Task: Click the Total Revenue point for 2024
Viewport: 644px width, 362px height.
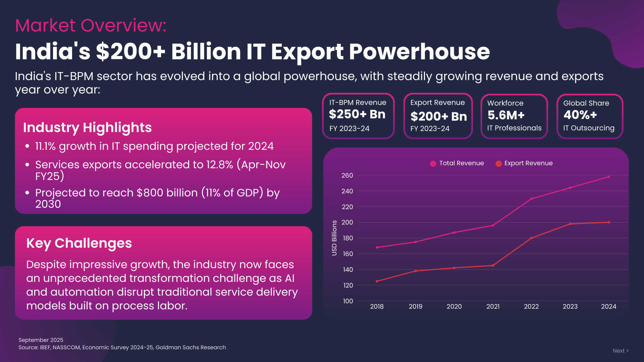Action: tap(609, 177)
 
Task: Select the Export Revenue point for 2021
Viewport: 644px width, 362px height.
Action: tap(493, 265)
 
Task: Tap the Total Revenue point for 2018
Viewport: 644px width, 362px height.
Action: tap(377, 247)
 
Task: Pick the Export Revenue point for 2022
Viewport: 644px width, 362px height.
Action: tap(532, 238)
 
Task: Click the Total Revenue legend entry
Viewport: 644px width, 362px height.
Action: tap(457, 163)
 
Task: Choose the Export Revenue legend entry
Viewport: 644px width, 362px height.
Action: tap(524, 163)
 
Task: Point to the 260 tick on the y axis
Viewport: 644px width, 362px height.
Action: tap(347, 175)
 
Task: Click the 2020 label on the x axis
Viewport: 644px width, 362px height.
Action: tap(454, 306)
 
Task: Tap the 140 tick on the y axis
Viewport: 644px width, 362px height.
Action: tap(347, 269)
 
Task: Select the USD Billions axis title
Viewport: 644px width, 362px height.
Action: tap(334, 238)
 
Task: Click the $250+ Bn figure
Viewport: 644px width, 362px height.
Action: tap(357, 114)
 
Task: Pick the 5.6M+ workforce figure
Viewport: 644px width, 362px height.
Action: tap(506, 115)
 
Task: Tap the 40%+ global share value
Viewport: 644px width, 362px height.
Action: tap(580, 115)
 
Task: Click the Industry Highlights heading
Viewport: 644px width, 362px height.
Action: tap(87, 127)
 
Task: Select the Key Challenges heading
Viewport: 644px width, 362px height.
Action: tap(79, 243)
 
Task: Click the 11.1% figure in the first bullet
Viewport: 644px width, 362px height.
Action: tap(45, 146)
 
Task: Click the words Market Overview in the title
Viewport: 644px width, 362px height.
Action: tap(91, 25)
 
